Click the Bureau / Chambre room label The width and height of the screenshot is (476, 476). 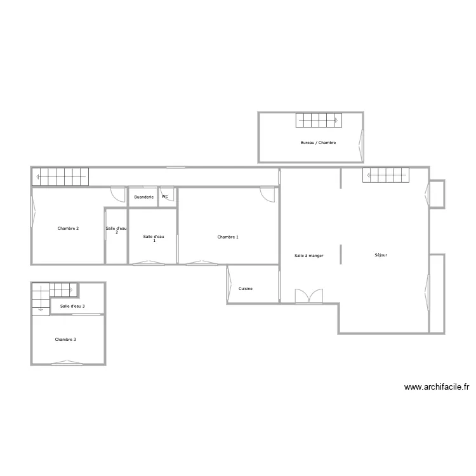318,143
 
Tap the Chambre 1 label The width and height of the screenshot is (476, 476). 228,237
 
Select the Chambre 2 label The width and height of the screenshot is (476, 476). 68,228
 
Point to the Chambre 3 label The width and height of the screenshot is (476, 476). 65,340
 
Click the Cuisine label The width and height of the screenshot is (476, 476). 246,289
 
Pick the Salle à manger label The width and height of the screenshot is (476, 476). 309,256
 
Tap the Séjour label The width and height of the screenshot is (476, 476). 381,255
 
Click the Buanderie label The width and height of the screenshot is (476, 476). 144,197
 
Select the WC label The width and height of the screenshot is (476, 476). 165,197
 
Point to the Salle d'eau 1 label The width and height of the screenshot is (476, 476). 154,238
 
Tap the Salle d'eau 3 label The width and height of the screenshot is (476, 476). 72,306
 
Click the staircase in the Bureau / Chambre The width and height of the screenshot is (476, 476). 319,119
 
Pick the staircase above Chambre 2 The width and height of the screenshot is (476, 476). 61,176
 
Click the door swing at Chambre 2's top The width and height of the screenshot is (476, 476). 117,194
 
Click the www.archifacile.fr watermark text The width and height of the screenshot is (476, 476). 436,387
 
